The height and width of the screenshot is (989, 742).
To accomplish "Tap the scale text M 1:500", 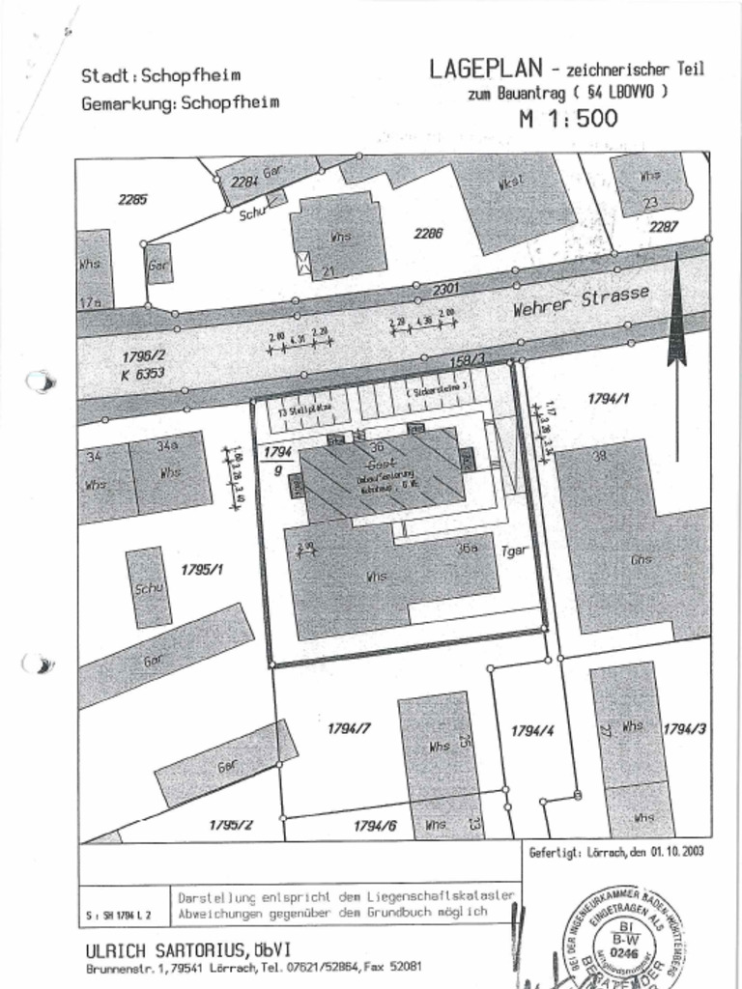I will pyautogui.click(x=568, y=120).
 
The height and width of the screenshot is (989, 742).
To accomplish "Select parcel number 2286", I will pyautogui.click(x=428, y=233).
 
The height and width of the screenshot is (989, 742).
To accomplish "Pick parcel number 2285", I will pyautogui.click(x=132, y=200).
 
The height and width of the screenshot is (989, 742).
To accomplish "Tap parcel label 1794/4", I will pyautogui.click(x=531, y=731).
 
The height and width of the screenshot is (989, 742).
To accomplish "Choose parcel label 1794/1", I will pyautogui.click(x=609, y=396).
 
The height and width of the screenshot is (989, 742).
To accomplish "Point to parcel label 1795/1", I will pyautogui.click(x=202, y=570).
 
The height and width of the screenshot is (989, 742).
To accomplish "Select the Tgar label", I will pyautogui.click(x=513, y=552).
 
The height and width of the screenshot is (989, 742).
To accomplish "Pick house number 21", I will pyautogui.click(x=328, y=270).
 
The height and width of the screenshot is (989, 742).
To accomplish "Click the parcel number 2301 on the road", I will pyautogui.click(x=444, y=288).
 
